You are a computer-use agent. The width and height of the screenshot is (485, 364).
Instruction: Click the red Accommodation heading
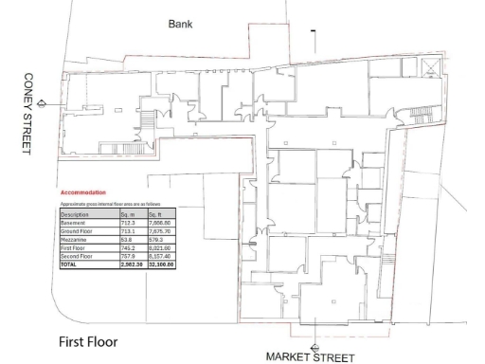click(x=83, y=193)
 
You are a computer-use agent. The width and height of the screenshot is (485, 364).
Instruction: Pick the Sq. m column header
click(x=130, y=215)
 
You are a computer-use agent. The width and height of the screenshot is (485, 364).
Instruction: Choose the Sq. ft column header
click(x=158, y=215)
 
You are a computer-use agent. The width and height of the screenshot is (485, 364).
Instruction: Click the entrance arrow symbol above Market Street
click(x=315, y=346)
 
